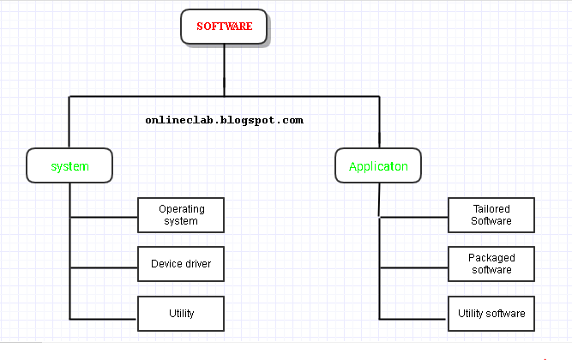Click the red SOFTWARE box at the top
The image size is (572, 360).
coord(224,27)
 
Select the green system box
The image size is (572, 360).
coord(69,165)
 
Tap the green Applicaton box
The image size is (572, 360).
coord(378,165)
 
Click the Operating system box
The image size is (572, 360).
coord(181,215)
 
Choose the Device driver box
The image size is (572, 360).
coord(181,264)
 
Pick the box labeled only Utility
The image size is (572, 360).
coord(181,314)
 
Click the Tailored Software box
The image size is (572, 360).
coord(491,215)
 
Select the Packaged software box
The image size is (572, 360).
coord(491,264)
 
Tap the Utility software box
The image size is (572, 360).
coord(491,314)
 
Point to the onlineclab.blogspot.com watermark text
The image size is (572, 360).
coord(225,121)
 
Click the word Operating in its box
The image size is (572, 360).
coord(182,209)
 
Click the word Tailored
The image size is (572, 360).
coord(491,209)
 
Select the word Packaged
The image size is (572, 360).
coord(491,258)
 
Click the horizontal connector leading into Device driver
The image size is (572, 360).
coord(104,267)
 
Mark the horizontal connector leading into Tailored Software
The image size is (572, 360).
coord(413,217)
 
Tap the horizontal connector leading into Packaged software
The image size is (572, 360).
coord(413,267)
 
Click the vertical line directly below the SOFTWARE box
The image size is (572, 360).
coord(224,70)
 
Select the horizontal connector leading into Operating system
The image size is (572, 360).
coord(104,217)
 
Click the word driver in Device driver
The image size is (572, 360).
coord(198,264)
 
